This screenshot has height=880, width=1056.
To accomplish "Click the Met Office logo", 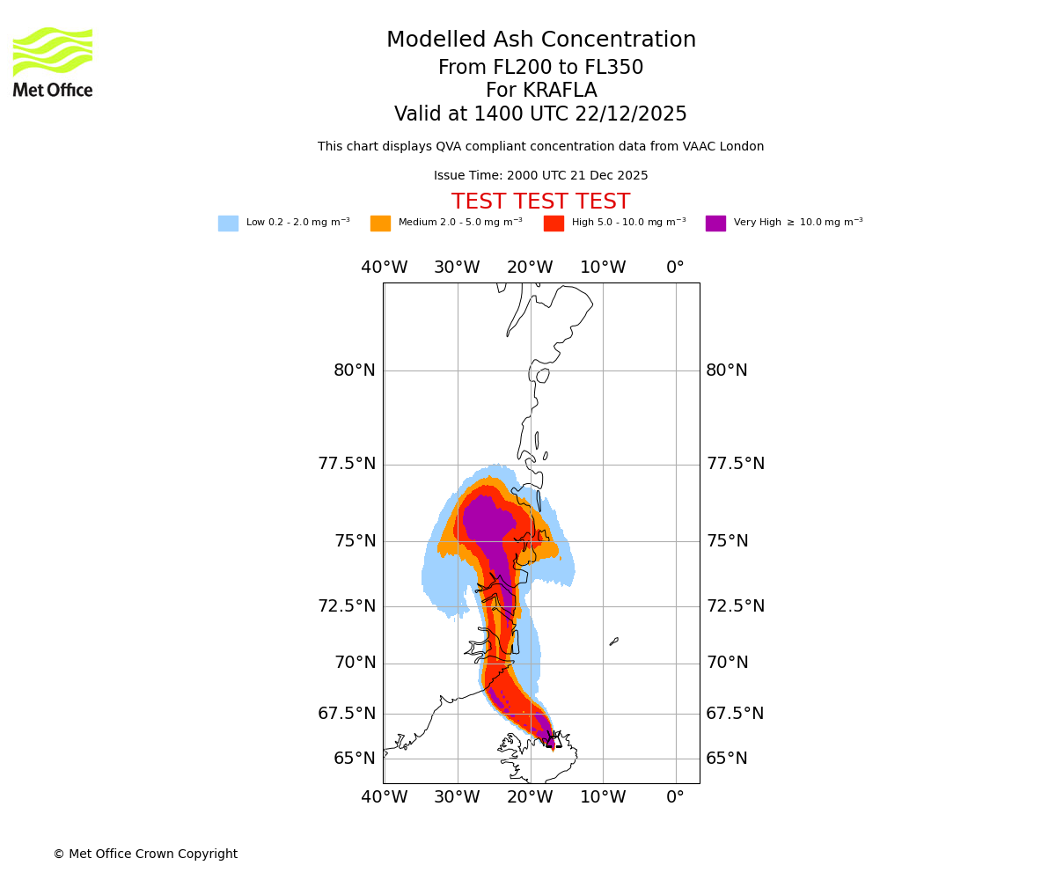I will [53, 62].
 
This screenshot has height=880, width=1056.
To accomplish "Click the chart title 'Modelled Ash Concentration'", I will [541, 40].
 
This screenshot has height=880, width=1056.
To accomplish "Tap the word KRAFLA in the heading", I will [541, 91].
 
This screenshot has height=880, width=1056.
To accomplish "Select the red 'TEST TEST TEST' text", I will [540, 202].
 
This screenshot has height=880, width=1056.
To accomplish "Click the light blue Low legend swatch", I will [228, 224].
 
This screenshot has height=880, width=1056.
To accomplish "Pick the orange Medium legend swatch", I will [380, 224].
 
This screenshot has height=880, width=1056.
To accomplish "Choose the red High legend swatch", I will [554, 224].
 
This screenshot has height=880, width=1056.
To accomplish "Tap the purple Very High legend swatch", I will [715, 224].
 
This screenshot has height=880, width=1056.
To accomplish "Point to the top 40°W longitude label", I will [385, 268].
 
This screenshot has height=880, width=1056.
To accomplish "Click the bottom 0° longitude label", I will [675, 797].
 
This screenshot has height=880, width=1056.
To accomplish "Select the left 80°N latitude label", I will [355, 370].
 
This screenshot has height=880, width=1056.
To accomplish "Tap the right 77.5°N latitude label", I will [736, 464].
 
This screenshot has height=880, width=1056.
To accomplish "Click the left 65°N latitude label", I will [355, 759].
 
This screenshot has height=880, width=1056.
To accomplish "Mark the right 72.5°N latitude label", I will [736, 606].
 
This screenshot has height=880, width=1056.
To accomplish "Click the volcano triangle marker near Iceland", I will [553, 739].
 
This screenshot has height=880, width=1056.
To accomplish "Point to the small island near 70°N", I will [614, 642].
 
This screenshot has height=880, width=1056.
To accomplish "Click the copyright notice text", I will [145, 854].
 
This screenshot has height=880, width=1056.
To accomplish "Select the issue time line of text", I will [540, 176].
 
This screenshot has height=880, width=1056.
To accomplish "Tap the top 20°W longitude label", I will [530, 268].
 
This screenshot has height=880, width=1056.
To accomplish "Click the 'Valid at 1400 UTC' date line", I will [540, 114].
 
